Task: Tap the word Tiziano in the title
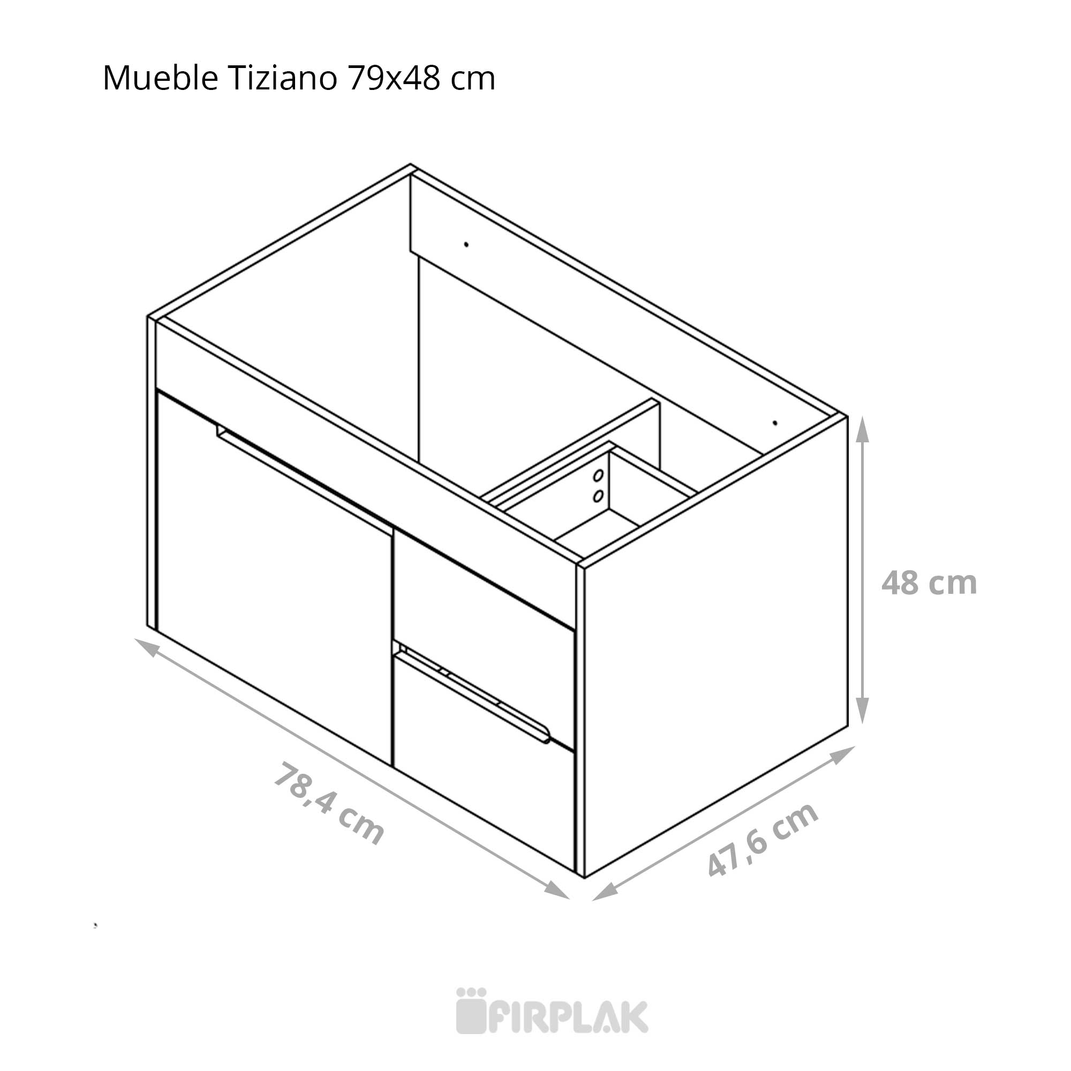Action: click(282, 78)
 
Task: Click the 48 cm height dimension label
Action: click(929, 583)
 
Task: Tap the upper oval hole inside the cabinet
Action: click(598, 475)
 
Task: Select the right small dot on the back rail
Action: click(775, 423)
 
